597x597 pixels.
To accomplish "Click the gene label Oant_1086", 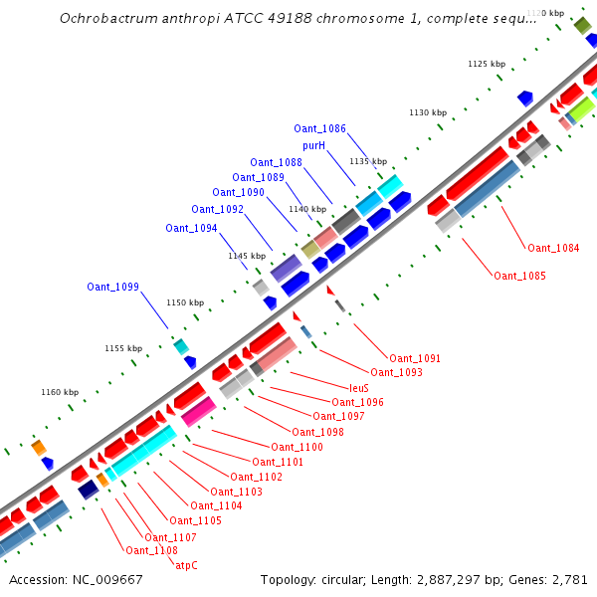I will [x=319, y=129].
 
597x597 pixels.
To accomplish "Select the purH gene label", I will [x=314, y=145].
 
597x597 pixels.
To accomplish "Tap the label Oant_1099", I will [x=112, y=288].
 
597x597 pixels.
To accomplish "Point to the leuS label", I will [x=359, y=388].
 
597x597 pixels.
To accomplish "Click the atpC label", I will [x=186, y=565].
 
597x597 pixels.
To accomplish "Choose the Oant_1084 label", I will [x=553, y=248].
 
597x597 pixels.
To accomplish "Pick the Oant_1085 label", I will [x=519, y=276].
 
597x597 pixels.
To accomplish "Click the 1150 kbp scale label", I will [x=184, y=302].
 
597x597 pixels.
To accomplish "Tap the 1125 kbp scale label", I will [x=486, y=64].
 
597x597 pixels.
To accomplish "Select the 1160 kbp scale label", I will [x=59, y=393].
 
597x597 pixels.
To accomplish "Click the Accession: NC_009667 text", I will [x=76, y=579].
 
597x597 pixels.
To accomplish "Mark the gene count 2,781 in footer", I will [x=569, y=579].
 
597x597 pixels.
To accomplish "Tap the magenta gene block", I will [x=199, y=411].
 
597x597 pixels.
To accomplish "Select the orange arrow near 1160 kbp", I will [x=39, y=448].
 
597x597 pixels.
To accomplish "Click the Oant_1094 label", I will [x=191, y=228].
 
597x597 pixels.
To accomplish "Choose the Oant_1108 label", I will [x=151, y=550].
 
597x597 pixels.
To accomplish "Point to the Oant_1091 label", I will [x=415, y=358].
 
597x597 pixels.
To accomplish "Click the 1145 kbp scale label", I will [x=247, y=256].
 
